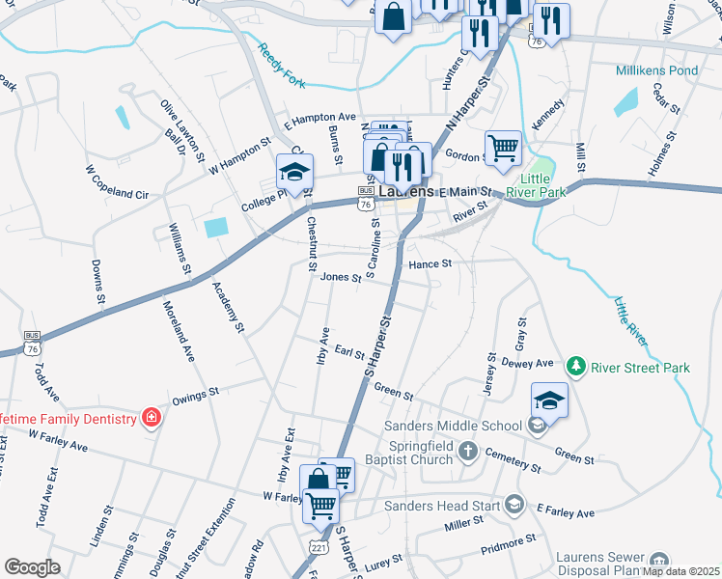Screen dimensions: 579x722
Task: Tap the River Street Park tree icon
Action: [576, 367]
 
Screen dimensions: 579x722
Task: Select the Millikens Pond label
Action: [657, 70]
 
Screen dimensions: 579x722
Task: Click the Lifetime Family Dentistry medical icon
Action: [152, 417]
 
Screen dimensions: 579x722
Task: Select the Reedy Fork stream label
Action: [281, 66]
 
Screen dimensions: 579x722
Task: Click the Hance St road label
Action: [430, 263]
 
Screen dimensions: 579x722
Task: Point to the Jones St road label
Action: [341, 278]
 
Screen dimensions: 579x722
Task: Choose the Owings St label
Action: [196, 395]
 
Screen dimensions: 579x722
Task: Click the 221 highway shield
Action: [319, 547]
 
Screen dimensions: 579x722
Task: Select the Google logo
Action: [32, 567]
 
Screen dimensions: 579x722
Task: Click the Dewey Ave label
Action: [527, 363]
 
